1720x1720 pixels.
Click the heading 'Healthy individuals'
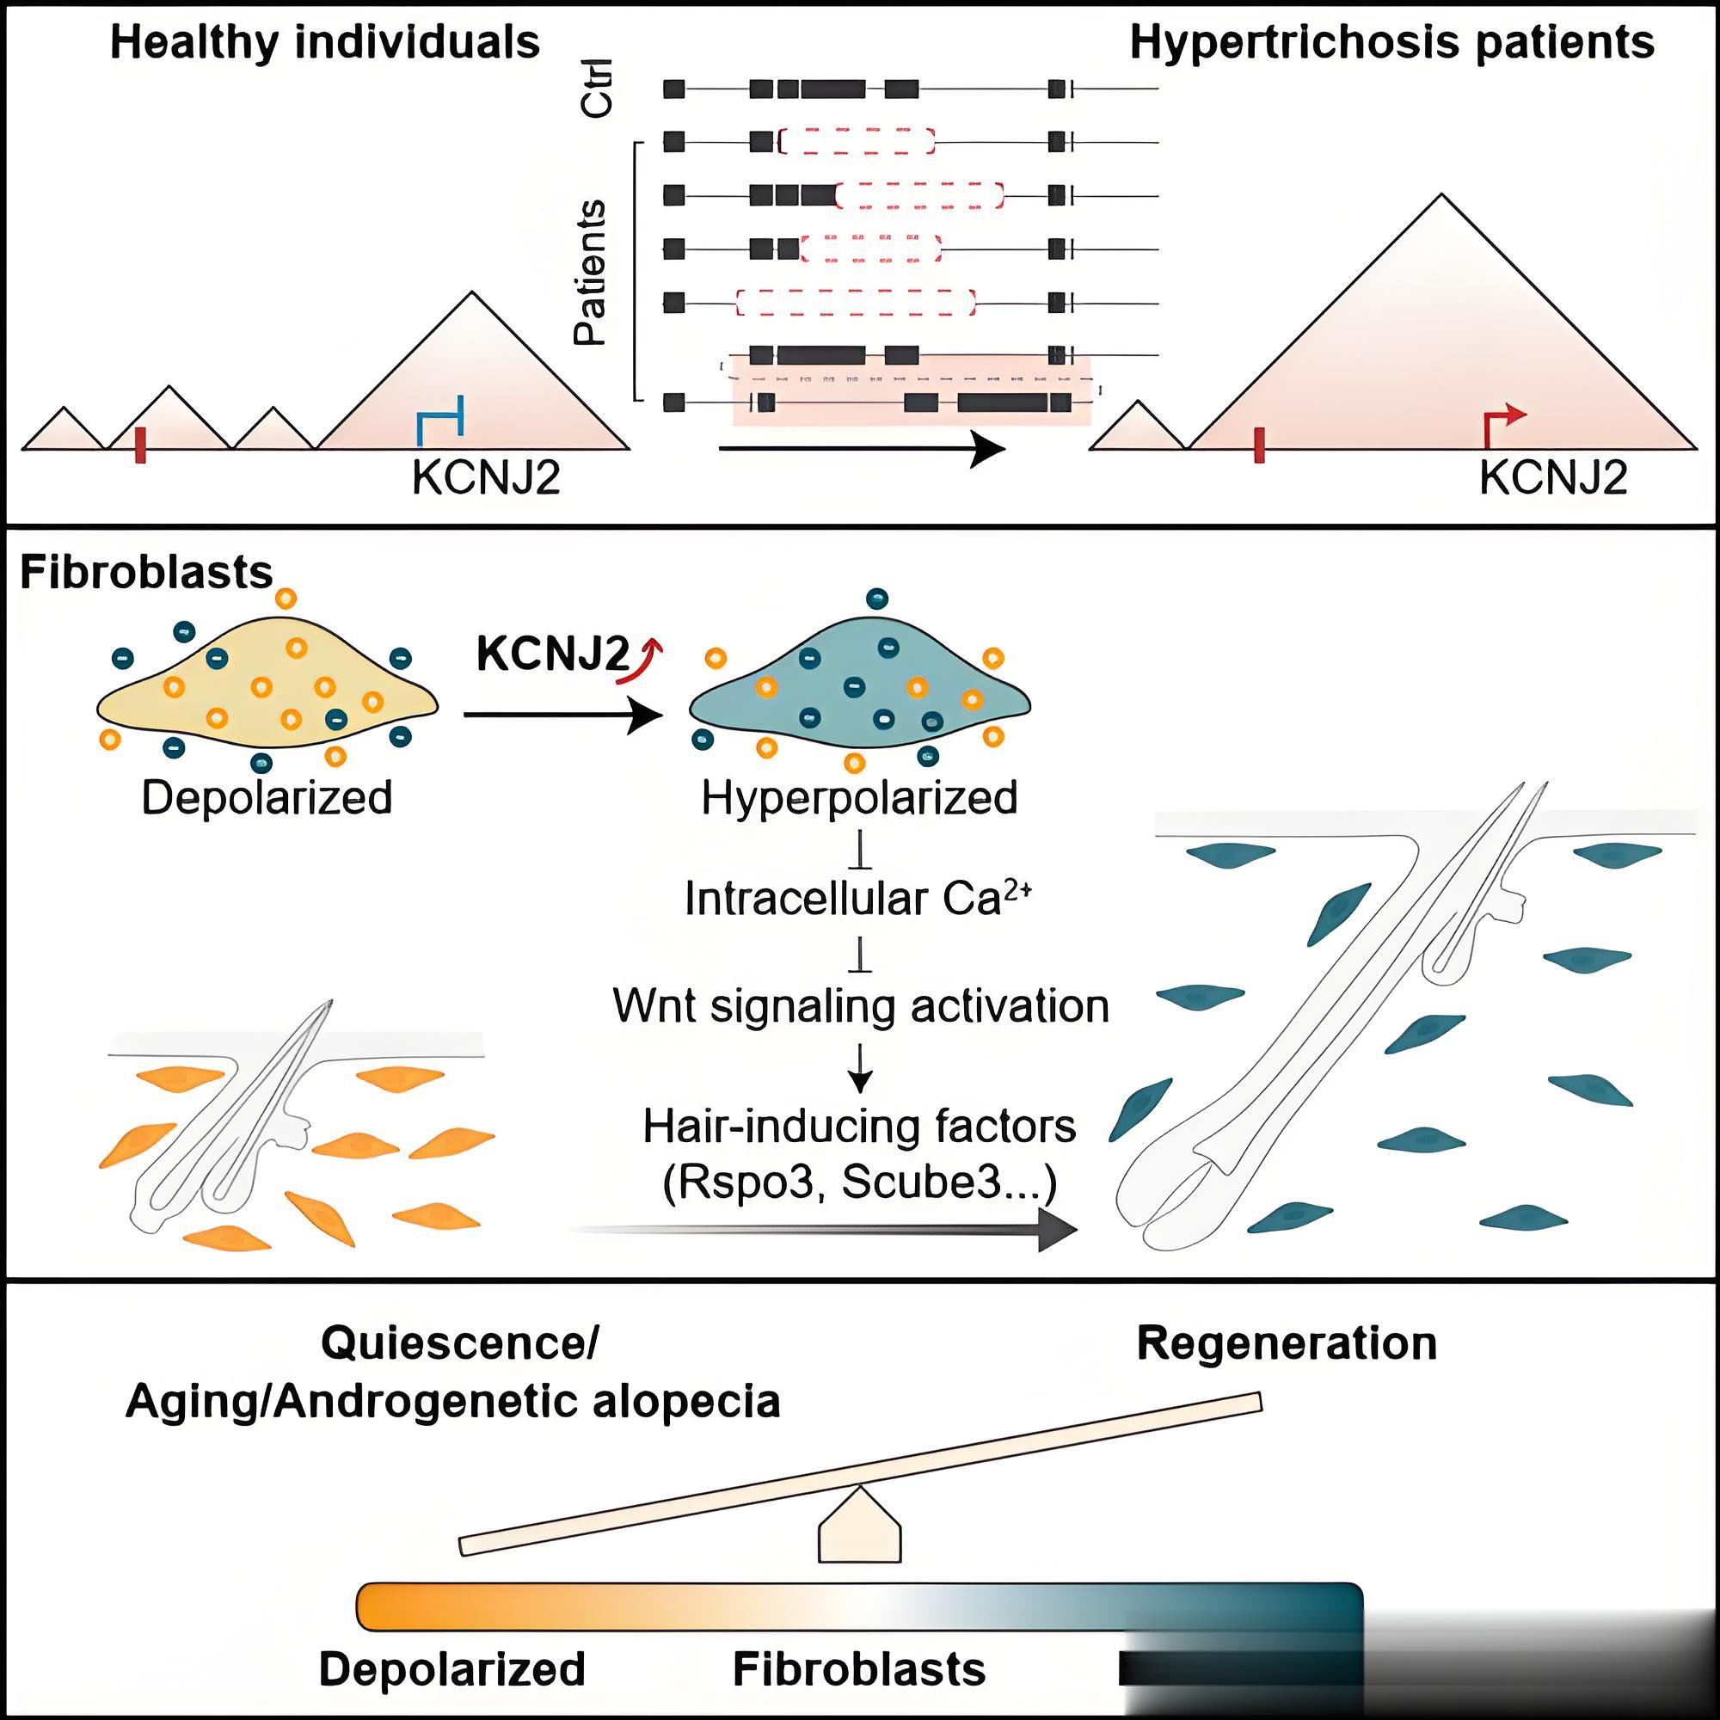point(325,43)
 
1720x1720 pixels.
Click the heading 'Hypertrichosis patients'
point(1391,43)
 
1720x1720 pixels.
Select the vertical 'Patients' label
point(589,273)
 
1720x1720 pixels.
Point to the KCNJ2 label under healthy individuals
point(486,478)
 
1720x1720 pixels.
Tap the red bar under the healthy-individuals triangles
point(140,445)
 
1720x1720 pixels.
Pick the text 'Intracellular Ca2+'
point(857,900)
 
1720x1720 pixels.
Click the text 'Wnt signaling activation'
point(861,1006)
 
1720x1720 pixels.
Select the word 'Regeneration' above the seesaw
point(1287,1343)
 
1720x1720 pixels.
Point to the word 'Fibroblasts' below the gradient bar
point(859,1669)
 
